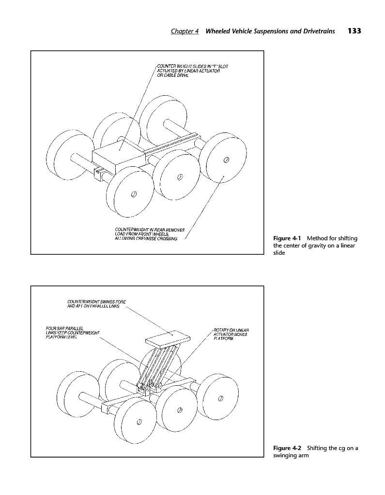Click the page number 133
point(354,31)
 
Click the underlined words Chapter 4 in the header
point(185,31)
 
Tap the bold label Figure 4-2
point(288,448)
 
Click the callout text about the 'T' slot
point(189,71)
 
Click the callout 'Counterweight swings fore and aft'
point(96,305)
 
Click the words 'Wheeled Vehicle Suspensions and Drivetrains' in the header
point(270,31)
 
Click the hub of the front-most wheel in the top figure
point(134,194)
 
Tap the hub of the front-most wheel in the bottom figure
point(138,421)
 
